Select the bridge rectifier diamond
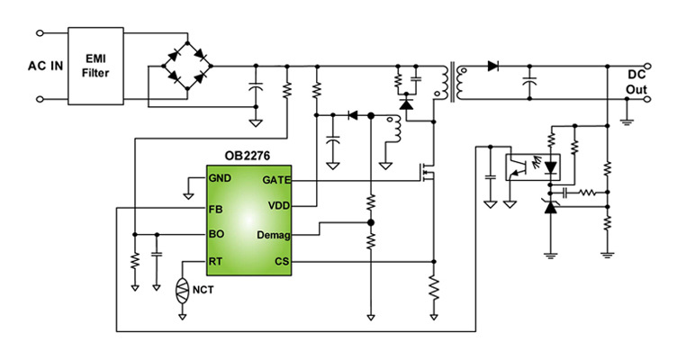[187, 64]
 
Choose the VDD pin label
[276, 206]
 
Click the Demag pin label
[271, 234]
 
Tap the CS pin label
[281, 262]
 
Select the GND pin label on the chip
[221, 178]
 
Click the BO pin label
[216, 234]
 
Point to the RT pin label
[216, 262]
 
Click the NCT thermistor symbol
[182, 292]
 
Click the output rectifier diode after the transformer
[492, 66]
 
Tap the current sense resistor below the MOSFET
[434, 288]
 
